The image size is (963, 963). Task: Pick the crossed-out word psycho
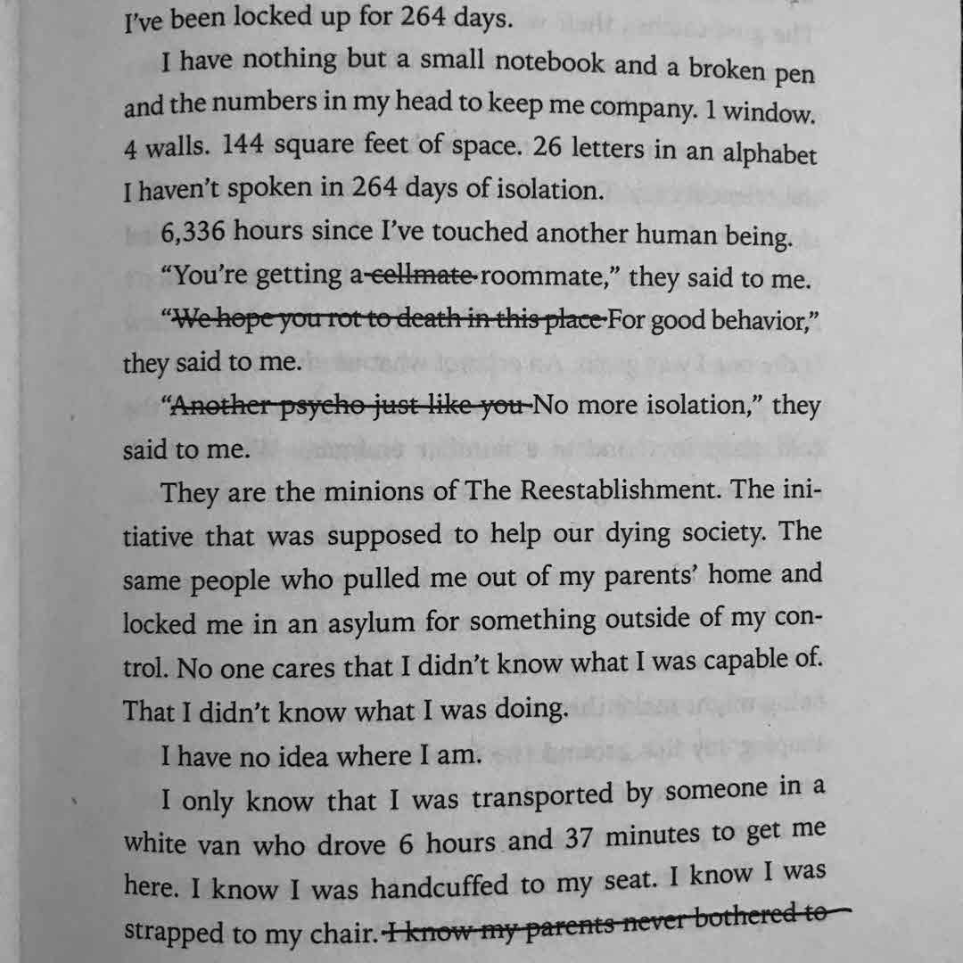pyautogui.click(x=307, y=406)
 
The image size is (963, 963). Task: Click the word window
pyautogui.click(x=770, y=111)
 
